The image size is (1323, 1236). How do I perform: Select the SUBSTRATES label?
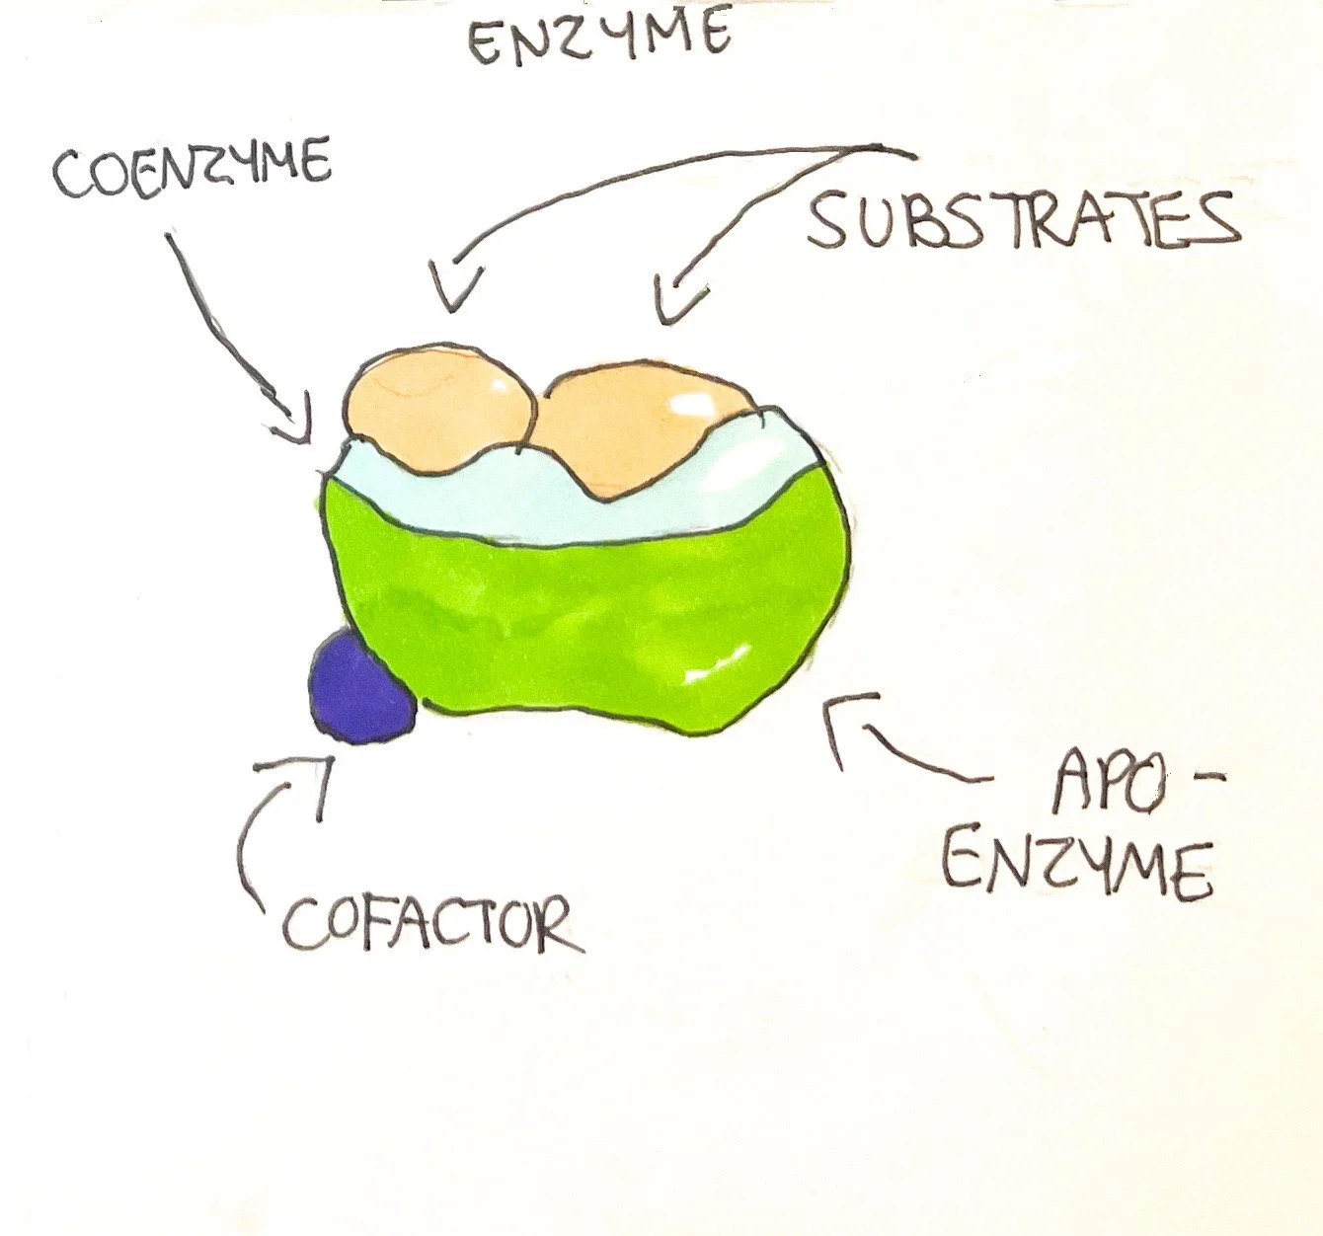(x=1023, y=220)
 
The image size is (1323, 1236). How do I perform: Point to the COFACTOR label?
(x=431, y=924)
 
